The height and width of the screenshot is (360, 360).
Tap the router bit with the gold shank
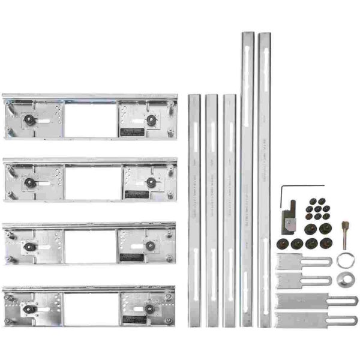pos(344,234)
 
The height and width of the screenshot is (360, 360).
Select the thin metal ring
pos(345,260)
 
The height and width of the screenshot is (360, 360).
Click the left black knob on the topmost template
pos(28,120)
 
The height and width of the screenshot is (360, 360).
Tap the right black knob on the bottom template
pos(149,308)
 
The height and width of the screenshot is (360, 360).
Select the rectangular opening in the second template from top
pos(92,182)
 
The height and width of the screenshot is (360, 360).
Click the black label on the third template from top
pos(131,257)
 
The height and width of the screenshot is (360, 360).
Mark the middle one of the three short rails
pos(211,210)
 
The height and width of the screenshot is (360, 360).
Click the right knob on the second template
pos(150,182)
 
